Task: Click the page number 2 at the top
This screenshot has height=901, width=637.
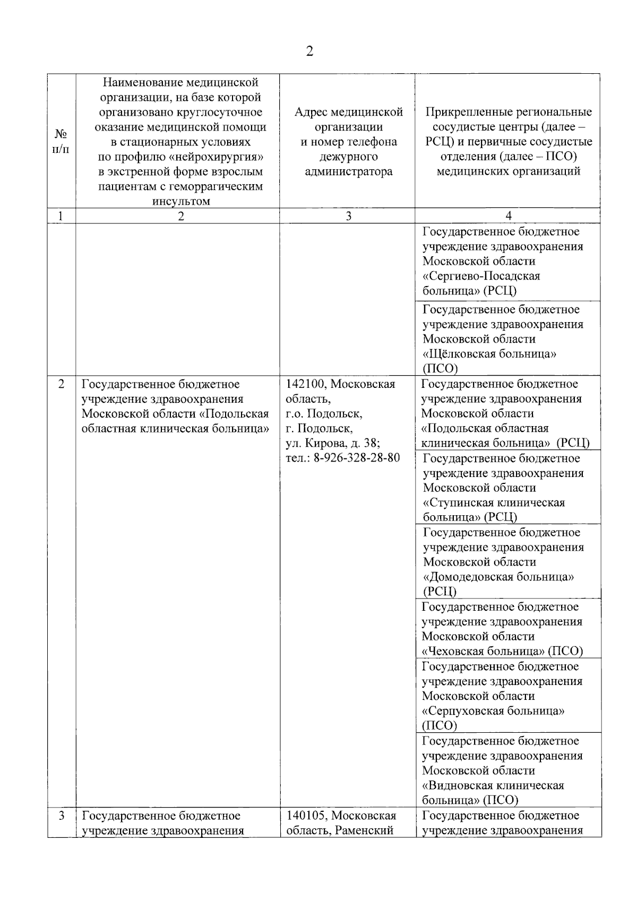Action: click(310, 51)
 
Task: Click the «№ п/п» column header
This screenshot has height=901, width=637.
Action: click(61, 142)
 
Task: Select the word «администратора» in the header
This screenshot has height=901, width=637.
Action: click(349, 171)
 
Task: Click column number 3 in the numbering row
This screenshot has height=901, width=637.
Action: click(348, 216)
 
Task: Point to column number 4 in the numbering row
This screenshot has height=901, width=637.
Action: click(509, 216)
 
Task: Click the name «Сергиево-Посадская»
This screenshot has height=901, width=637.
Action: click(481, 276)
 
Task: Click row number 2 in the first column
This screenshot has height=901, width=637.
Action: click(61, 384)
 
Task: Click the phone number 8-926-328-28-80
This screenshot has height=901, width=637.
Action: click(357, 457)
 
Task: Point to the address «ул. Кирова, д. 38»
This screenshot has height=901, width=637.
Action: click(333, 443)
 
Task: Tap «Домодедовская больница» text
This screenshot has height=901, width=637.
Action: click(498, 577)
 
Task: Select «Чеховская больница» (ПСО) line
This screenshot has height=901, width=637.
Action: click(502, 651)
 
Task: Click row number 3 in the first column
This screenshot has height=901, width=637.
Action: click(61, 816)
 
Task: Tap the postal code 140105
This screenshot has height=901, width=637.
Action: click(305, 816)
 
